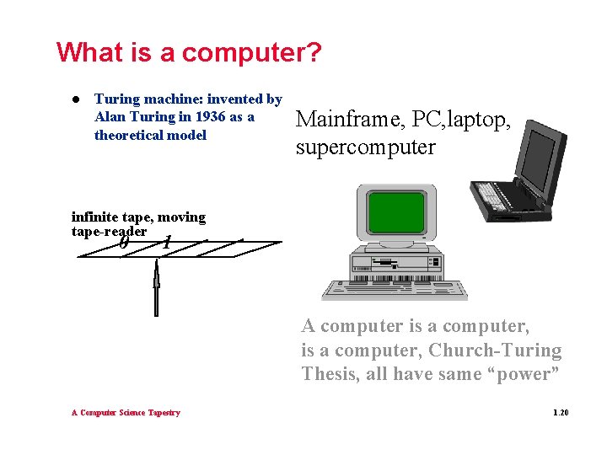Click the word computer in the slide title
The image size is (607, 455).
click(251, 52)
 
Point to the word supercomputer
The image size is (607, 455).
click(365, 147)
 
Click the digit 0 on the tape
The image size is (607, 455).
click(124, 242)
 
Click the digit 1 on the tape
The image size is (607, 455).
click(168, 242)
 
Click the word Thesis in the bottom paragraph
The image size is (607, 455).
click(330, 374)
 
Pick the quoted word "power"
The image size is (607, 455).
click(521, 374)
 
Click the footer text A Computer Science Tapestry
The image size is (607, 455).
click(125, 412)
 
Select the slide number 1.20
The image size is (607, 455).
click(561, 412)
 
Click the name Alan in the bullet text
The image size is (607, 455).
click(110, 117)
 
